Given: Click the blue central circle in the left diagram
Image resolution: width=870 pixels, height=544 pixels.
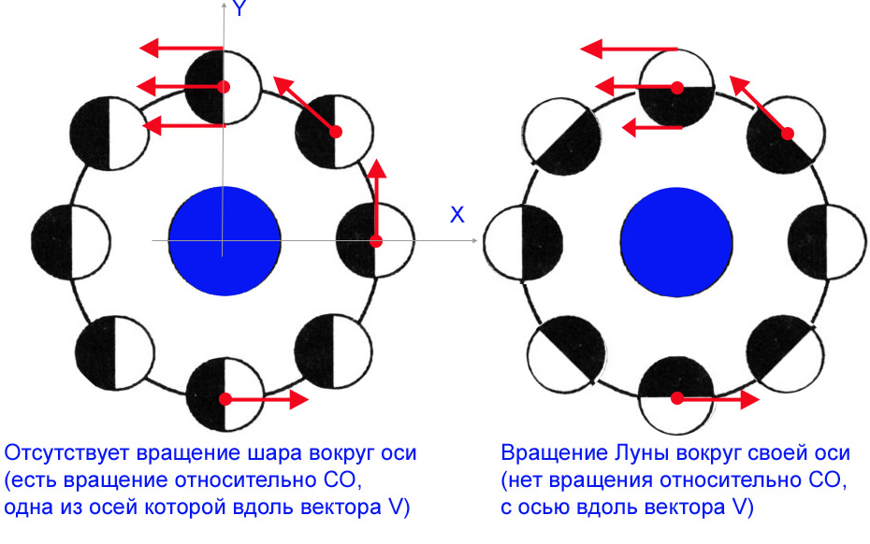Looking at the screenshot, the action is pos(225,241).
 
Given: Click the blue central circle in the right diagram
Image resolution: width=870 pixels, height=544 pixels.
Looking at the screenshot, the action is pos(676,242).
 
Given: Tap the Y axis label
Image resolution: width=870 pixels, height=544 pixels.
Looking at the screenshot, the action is pos(239,8).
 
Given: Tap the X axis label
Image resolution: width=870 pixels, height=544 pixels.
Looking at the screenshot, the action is pos(457,215).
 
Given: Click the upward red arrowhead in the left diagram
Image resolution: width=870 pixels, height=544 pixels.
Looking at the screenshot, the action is pos(377,168).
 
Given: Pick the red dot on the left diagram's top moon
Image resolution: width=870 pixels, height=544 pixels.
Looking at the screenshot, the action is pos(224,87).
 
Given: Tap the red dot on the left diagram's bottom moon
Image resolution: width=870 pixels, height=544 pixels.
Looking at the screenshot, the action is pos(225,399).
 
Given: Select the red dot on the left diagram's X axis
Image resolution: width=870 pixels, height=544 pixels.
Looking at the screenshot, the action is pos(376,241).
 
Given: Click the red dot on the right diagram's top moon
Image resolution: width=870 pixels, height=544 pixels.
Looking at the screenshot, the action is pos(677,88).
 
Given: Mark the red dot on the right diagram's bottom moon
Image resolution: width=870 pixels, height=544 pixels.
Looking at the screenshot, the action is pos(677,398).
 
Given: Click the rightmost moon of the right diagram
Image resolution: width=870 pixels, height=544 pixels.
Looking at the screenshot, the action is pos(827,242).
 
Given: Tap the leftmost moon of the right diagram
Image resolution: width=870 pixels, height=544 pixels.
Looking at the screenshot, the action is pos(523,243).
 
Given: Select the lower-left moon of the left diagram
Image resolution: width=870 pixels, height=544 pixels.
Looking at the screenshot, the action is pos(115,352).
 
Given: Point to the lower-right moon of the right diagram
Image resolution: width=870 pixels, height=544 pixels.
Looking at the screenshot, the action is pos(785,354).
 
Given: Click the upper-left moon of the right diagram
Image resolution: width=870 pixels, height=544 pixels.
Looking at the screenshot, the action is pos(562,137).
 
